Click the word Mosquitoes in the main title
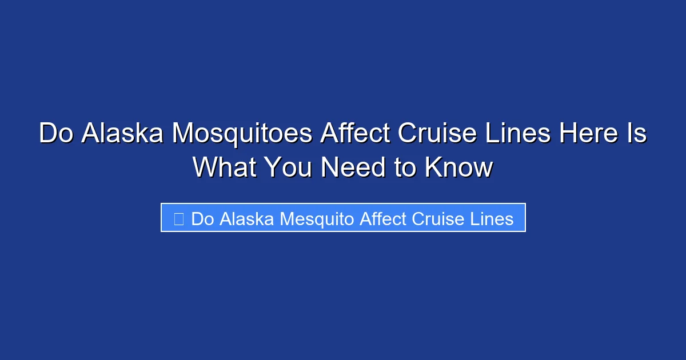(242, 134)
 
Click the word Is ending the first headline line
(638, 134)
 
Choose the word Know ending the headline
(459, 167)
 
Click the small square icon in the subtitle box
(178, 219)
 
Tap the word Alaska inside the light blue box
(248, 219)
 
